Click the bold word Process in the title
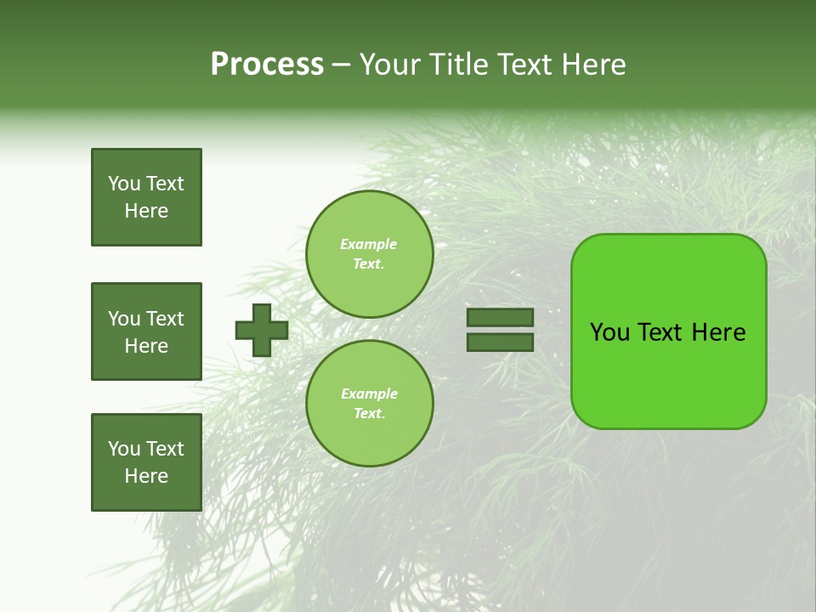[x=267, y=65]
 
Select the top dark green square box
[x=146, y=197]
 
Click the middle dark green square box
[x=146, y=331]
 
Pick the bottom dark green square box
[x=146, y=462]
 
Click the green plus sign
[x=262, y=330]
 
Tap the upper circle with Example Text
[x=369, y=254]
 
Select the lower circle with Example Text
[x=369, y=404]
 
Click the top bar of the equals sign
[x=500, y=318]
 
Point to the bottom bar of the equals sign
[x=500, y=342]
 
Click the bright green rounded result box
[x=668, y=331]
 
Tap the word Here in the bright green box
[x=718, y=332]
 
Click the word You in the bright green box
[x=609, y=332]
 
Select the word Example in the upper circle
[x=369, y=244]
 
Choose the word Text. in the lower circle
[x=369, y=414]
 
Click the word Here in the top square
[x=146, y=211]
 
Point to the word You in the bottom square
[x=124, y=449]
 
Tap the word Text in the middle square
[x=165, y=319]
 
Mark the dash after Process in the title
[x=342, y=65]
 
